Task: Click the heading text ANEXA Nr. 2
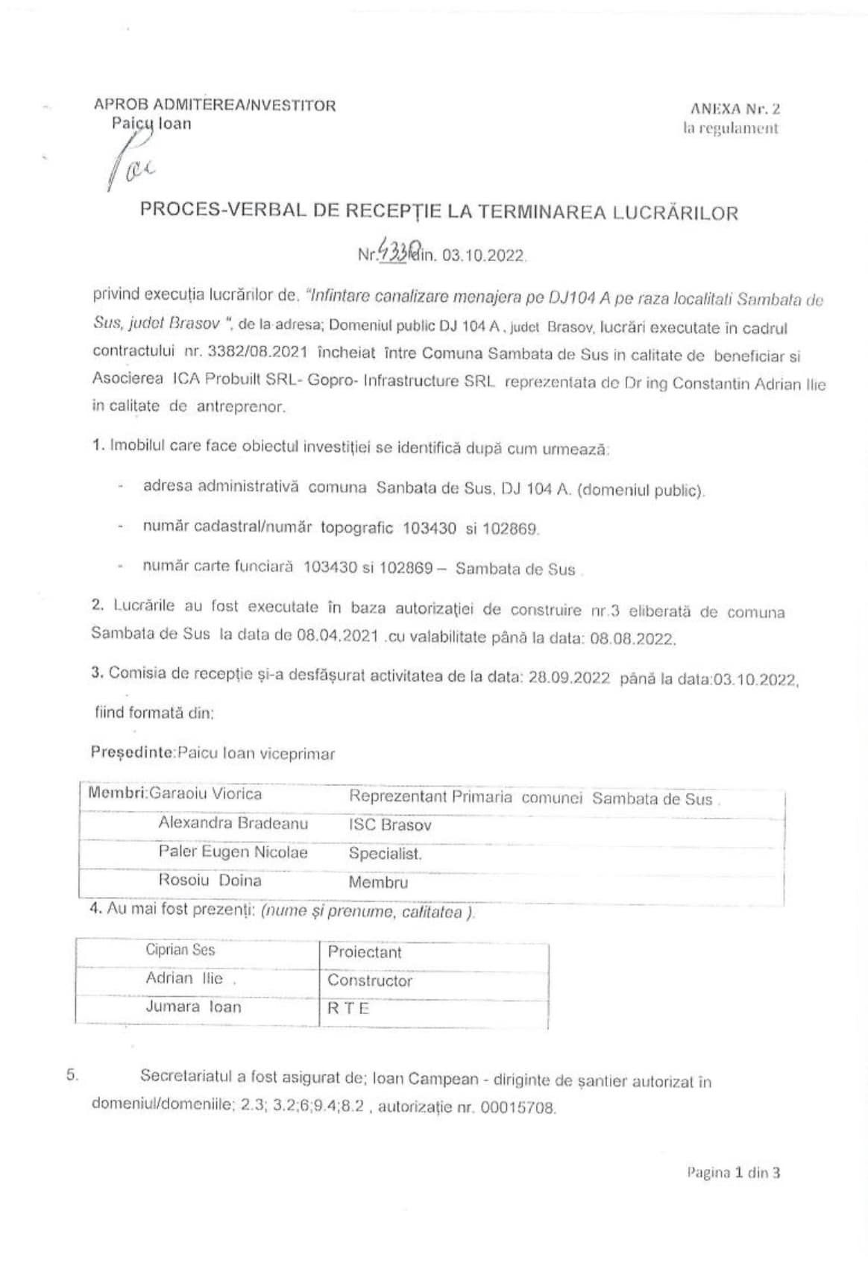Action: [x=735, y=109]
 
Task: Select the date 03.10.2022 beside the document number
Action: [x=484, y=256]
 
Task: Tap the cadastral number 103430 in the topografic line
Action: [x=430, y=529]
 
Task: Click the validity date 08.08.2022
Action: [x=632, y=639]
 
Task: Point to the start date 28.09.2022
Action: [x=569, y=678]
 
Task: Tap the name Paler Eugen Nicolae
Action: [x=233, y=852]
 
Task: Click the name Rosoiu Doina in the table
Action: [x=210, y=881]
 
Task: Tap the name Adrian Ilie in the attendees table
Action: [x=184, y=978]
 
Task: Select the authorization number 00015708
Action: [x=518, y=1108]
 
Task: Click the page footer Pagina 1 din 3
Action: [x=733, y=1172]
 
